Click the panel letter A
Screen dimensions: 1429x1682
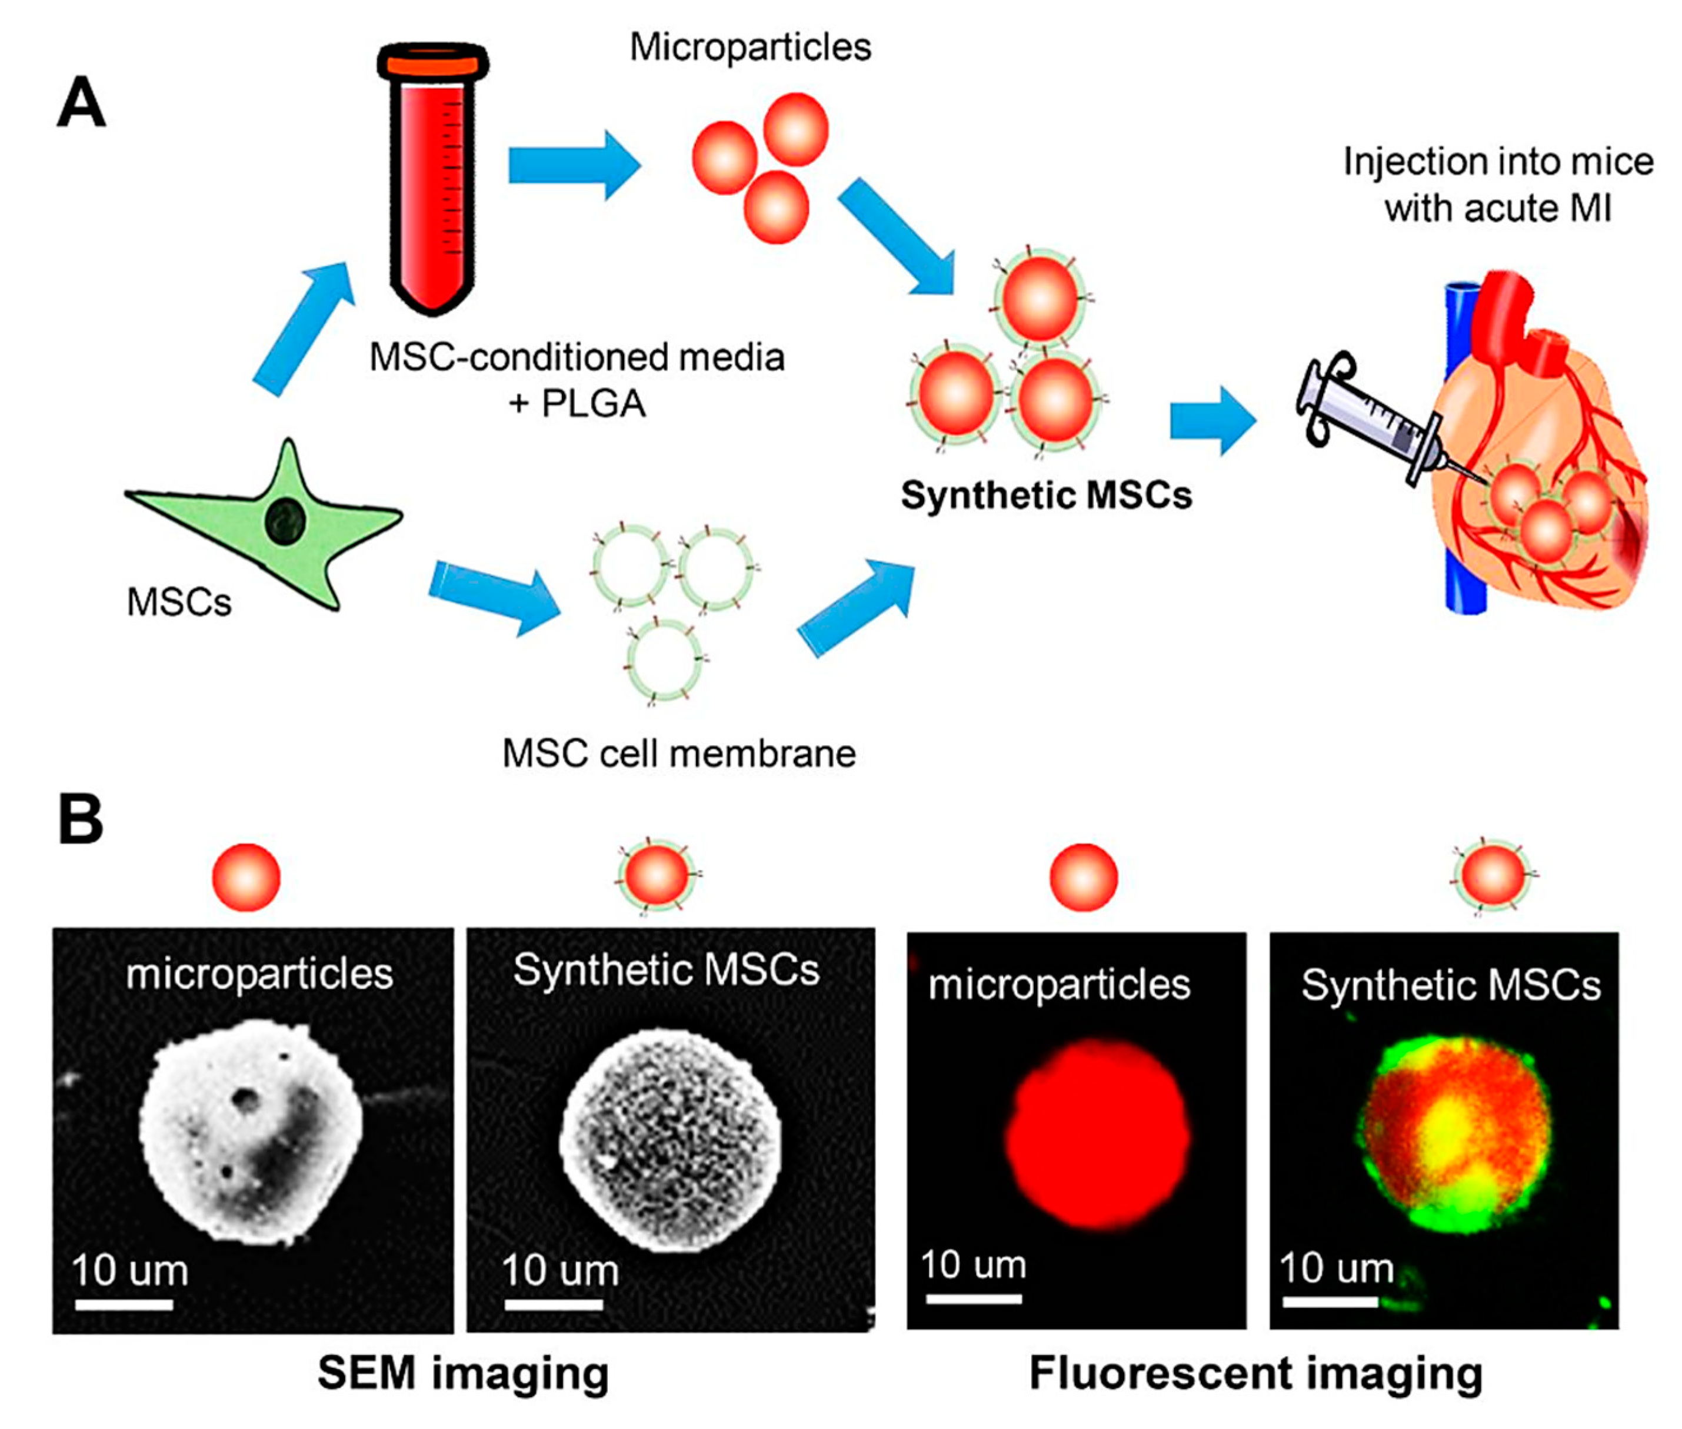(81, 103)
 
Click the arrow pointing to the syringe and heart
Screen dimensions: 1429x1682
(1211, 420)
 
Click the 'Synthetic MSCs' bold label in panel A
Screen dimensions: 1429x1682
(1045, 495)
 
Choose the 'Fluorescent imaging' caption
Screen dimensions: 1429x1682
(1255, 1374)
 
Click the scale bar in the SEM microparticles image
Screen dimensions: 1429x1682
(124, 1304)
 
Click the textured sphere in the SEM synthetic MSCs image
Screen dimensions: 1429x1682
(670, 1140)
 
